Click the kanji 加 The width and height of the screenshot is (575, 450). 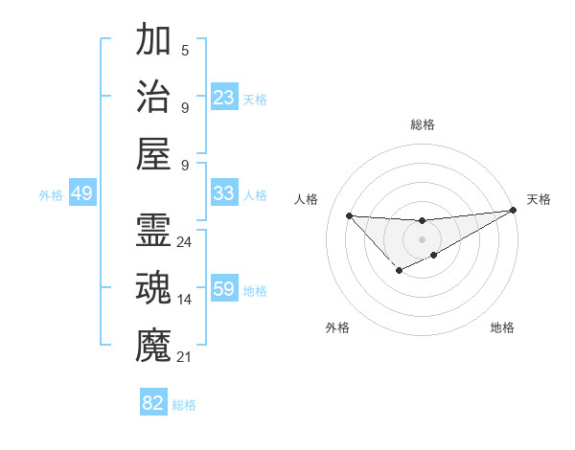[x=153, y=41]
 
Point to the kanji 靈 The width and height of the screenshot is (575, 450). [x=153, y=231]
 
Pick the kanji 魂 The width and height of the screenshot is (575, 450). [x=153, y=287]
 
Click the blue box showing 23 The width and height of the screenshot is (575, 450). [x=223, y=97]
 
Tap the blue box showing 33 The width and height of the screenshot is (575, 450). [x=223, y=193]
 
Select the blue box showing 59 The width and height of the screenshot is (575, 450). [x=223, y=288]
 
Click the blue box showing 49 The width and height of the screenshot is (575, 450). [x=81, y=193]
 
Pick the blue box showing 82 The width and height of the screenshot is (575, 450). [x=153, y=403]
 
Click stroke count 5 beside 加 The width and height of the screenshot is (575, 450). [x=185, y=51]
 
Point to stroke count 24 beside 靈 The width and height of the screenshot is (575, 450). [x=185, y=242]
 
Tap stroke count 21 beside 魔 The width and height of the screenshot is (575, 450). [x=185, y=357]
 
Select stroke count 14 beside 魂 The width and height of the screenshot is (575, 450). [x=185, y=300]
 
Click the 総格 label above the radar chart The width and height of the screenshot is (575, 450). [x=422, y=124]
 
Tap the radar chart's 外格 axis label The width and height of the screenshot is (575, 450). [x=337, y=327]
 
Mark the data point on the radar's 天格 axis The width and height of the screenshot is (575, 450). [x=514, y=212]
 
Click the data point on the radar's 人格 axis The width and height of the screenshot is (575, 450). [x=349, y=215]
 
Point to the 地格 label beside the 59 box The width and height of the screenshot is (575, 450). [x=256, y=290]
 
